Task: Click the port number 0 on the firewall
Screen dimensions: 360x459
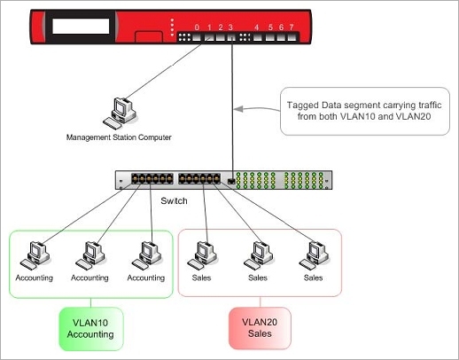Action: pyautogui.click(x=197, y=27)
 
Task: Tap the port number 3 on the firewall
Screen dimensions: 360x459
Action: pyautogui.click(x=231, y=27)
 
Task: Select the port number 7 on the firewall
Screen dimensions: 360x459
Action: pyautogui.click(x=291, y=27)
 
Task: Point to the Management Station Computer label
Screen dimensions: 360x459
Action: pyautogui.click(x=118, y=137)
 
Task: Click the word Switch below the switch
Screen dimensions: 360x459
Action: pyautogui.click(x=174, y=200)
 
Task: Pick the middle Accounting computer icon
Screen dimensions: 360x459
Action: pyautogui.click(x=89, y=254)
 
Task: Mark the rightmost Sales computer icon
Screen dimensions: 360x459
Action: pyautogui.click(x=311, y=254)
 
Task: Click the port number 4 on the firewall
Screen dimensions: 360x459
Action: pyautogui.click(x=257, y=27)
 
